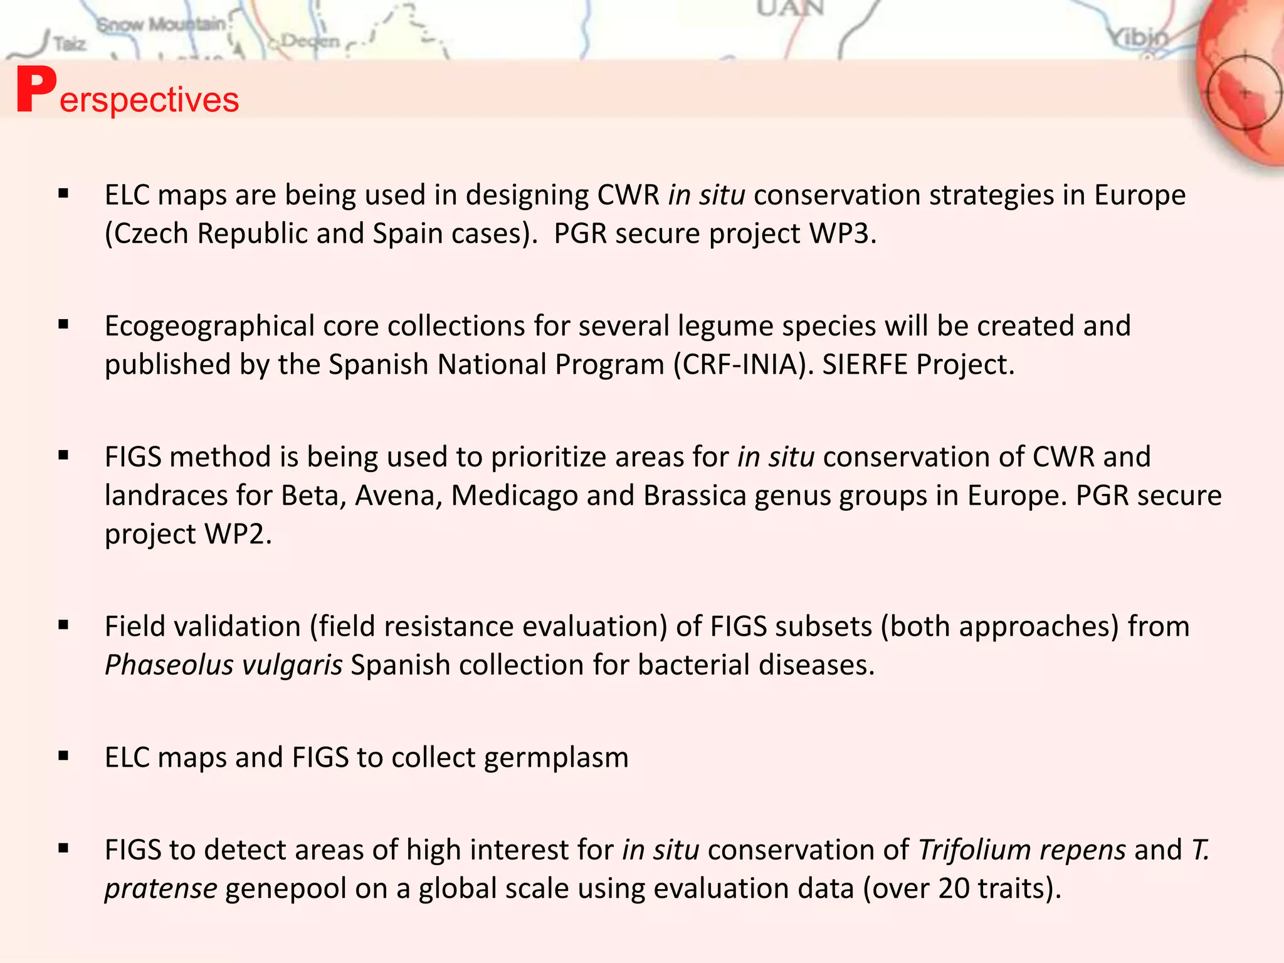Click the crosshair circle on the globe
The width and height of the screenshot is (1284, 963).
pos(1245,93)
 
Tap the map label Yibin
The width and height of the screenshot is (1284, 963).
pos(1139,39)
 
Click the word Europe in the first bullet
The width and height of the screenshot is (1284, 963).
pos(1140,195)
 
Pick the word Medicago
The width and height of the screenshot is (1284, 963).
pos(514,496)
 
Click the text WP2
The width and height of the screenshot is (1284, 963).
pos(236,535)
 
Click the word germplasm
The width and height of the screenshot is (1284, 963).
pos(555,758)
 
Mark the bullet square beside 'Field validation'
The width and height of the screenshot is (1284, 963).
pos(63,625)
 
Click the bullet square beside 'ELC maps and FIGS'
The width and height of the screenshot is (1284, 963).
pos(63,756)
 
